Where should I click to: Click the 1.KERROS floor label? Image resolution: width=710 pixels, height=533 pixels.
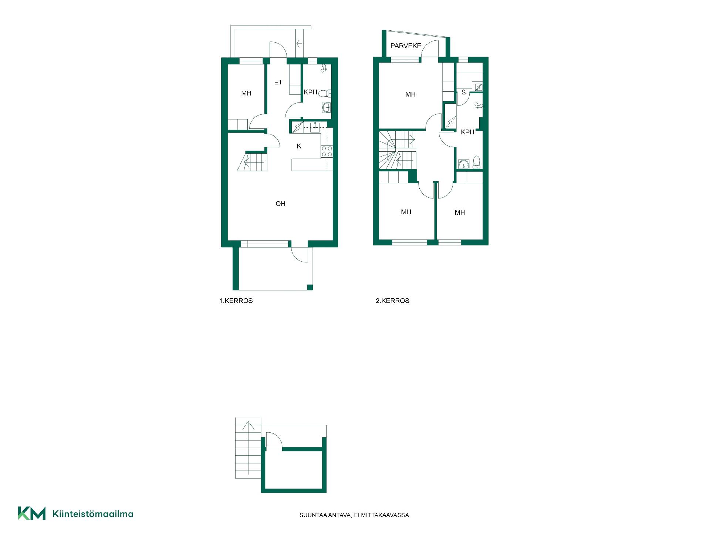tap(236, 301)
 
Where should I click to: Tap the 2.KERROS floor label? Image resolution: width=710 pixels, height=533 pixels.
tap(392, 301)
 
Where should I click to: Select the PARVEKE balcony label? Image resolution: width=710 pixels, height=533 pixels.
tap(406, 46)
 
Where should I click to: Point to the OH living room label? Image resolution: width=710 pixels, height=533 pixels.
tap(280, 204)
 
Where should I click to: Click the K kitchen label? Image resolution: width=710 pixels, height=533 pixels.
tap(299, 146)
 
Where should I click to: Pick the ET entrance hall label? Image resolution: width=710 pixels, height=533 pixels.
tap(278, 83)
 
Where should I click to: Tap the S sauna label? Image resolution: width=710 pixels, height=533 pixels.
tap(463, 92)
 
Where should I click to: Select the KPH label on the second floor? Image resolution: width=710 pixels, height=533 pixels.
tap(467, 132)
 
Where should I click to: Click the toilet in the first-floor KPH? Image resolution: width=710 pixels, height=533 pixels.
tap(325, 93)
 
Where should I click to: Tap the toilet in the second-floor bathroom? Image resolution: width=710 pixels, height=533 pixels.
tap(476, 162)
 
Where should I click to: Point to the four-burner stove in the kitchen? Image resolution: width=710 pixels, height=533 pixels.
tap(327, 151)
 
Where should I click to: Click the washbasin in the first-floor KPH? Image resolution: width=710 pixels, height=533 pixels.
tap(327, 107)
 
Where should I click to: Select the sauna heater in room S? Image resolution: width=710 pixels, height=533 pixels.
tap(479, 87)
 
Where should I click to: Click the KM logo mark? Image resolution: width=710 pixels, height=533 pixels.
tap(32, 513)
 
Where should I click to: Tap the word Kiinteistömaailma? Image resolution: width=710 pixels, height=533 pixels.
tap(93, 514)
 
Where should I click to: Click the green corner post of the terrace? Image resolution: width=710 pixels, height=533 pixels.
tap(310, 287)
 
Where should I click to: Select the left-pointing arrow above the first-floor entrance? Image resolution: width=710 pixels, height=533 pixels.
tap(299, 44)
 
